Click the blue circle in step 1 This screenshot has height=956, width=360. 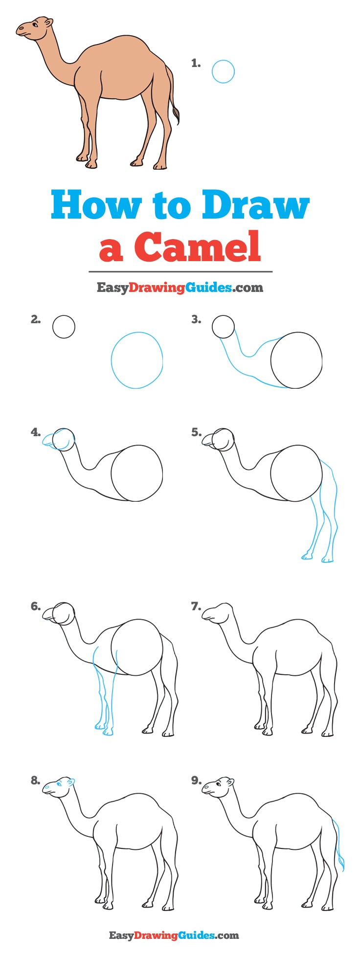point(223,71)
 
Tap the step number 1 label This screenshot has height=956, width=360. point(196,63)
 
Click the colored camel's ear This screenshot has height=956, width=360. point(49,22)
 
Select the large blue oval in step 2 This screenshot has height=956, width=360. point(137,360)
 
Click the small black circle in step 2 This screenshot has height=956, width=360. point(64,327)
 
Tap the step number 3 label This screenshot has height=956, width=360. point(196,319)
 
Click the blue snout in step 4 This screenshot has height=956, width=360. point(50,440)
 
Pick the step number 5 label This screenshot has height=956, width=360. point(196,432)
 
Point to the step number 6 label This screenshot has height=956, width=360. point(35,606)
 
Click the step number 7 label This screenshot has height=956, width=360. point(196,606)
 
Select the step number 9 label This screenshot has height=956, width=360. point(196,780)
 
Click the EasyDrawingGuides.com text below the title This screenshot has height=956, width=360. point(180,288)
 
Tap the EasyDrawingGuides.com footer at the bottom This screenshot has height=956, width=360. point(174,935)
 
